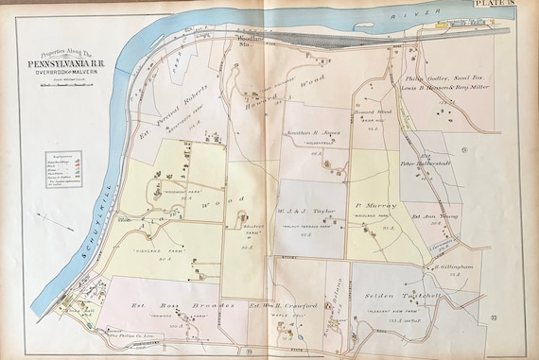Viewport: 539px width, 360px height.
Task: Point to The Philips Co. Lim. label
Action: coord(127,337)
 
